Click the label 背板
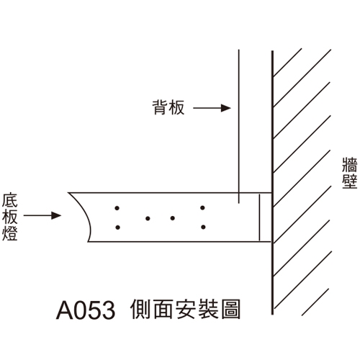pos(168,107)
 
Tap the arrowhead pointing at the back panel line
pos(226,108)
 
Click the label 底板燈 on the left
pos(10,217)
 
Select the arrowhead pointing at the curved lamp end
pos(56,215)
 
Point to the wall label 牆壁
pos(350,173)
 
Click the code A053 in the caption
pos(86,310)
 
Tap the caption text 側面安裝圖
pos(185,309)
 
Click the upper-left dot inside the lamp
pos(117,208)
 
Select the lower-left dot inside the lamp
pos(117,228)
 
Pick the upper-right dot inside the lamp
pos(202,208)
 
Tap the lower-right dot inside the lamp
pos(203,227)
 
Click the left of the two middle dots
pos(148,218)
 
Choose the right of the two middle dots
pos(172,218)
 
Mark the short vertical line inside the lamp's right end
pos(259,217)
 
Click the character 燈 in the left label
pos(10,233)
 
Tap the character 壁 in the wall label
pos(350,181)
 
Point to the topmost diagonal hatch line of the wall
pos(287,63)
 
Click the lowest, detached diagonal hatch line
pos(315,302)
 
